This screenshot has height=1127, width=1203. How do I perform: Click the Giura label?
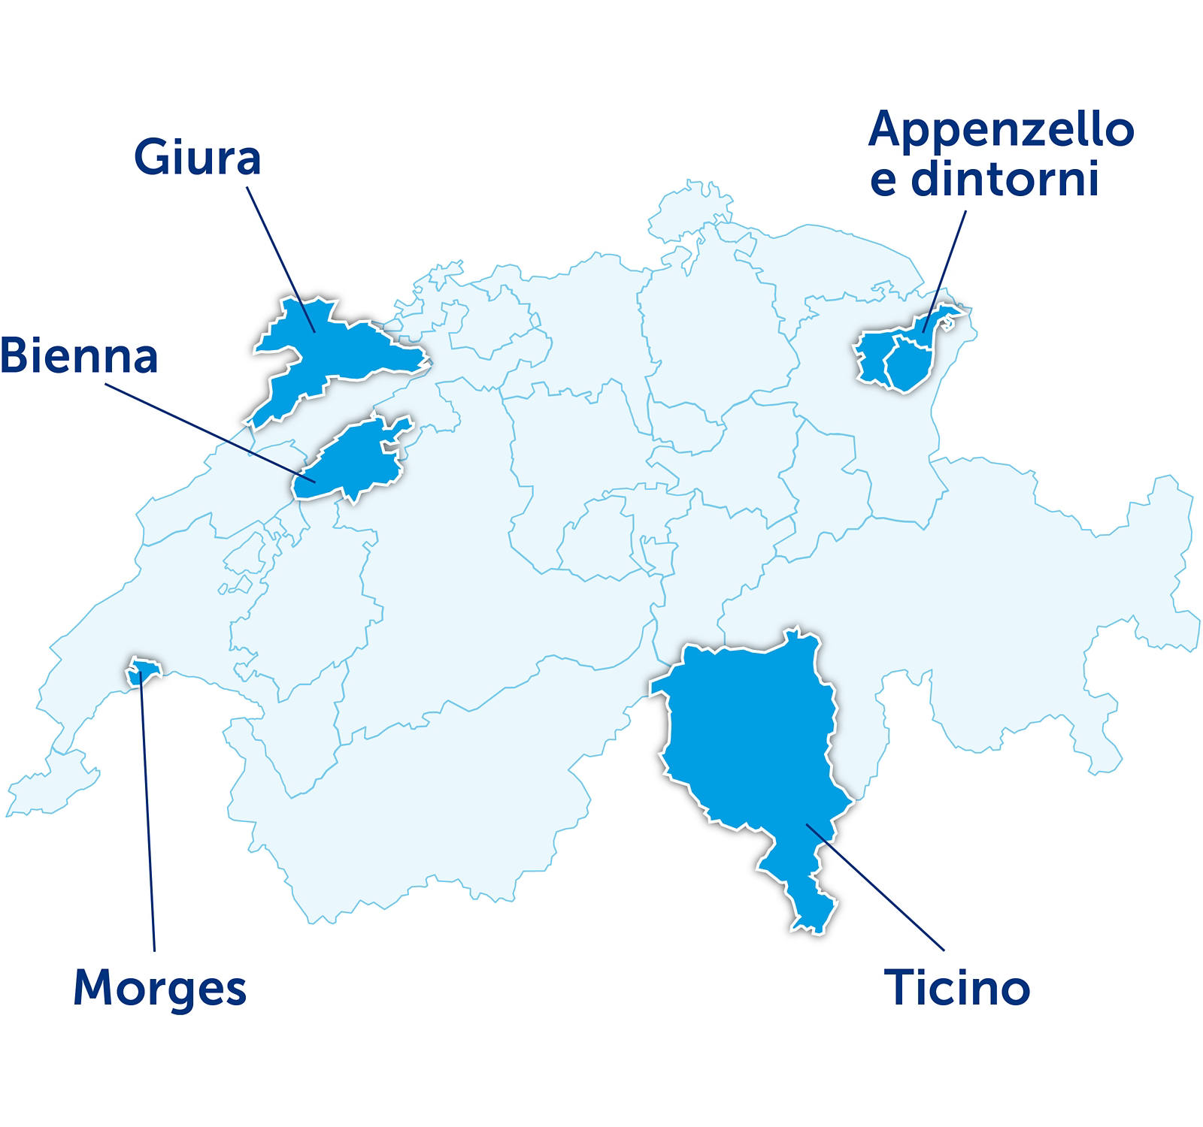pyautogui.click(x=197, y=157)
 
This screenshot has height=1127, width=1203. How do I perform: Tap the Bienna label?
pyautogui.click(x=79, y=356)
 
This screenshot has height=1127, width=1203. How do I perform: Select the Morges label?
pyautogui.click(x=159, y=989)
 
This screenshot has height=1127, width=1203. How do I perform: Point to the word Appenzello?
pyautogui.click(x=1001, y=129)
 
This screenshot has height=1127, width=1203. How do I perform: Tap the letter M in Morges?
pyautogui.click(x=92, y=989)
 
